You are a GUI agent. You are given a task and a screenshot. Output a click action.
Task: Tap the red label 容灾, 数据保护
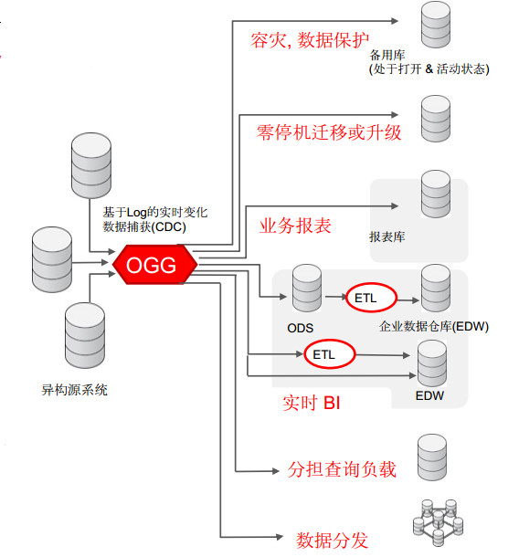click(310, 41)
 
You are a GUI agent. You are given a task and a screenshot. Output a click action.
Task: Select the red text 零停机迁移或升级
click(329, 132)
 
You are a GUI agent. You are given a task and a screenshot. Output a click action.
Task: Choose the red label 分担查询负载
click(342, 469)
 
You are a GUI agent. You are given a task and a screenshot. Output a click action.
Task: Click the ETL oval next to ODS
click(371, 298)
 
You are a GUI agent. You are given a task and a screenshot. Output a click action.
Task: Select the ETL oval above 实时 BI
click(324, 354)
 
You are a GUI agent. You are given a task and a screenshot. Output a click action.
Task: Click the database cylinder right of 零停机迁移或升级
click(433, 114)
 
